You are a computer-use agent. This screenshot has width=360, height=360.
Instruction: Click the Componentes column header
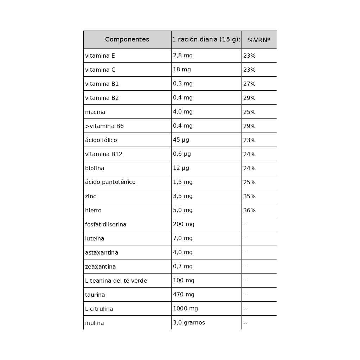pos(127,39)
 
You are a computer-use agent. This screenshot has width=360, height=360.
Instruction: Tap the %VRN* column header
pos(259,40)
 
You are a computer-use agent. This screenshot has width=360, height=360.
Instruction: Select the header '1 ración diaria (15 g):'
pos(206,39)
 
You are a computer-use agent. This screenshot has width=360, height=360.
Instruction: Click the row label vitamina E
pos(100,56)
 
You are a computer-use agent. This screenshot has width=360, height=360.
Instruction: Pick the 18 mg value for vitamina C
pos(182,70)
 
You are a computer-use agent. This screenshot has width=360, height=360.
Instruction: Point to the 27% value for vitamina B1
pos(249,84)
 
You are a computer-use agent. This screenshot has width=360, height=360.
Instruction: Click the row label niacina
pos(95,112)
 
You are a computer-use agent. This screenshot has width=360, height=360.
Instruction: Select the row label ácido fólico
pos(101,140)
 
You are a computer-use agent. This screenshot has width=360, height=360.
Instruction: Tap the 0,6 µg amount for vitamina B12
pos(182,154)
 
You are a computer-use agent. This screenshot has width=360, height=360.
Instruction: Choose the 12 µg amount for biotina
pos(181,168)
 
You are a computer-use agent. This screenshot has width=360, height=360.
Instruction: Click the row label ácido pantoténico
pos(110,182)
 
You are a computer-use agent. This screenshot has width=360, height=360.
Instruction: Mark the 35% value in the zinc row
pos(249,196)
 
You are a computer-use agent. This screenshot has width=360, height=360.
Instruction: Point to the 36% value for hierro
pos(249,210)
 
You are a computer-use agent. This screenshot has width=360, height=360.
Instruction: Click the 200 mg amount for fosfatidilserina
pos(184,224)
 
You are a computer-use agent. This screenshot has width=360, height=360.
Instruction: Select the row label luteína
pos(95,238)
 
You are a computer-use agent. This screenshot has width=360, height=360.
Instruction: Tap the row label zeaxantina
pos(100,266)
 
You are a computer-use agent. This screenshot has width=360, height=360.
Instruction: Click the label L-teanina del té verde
pos(116,281)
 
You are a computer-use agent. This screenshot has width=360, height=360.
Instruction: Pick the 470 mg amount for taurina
pos(184,295)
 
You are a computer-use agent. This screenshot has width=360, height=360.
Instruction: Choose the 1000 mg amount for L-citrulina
pos(185,309)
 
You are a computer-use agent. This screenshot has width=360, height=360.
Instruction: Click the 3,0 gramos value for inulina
pos(189,323)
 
